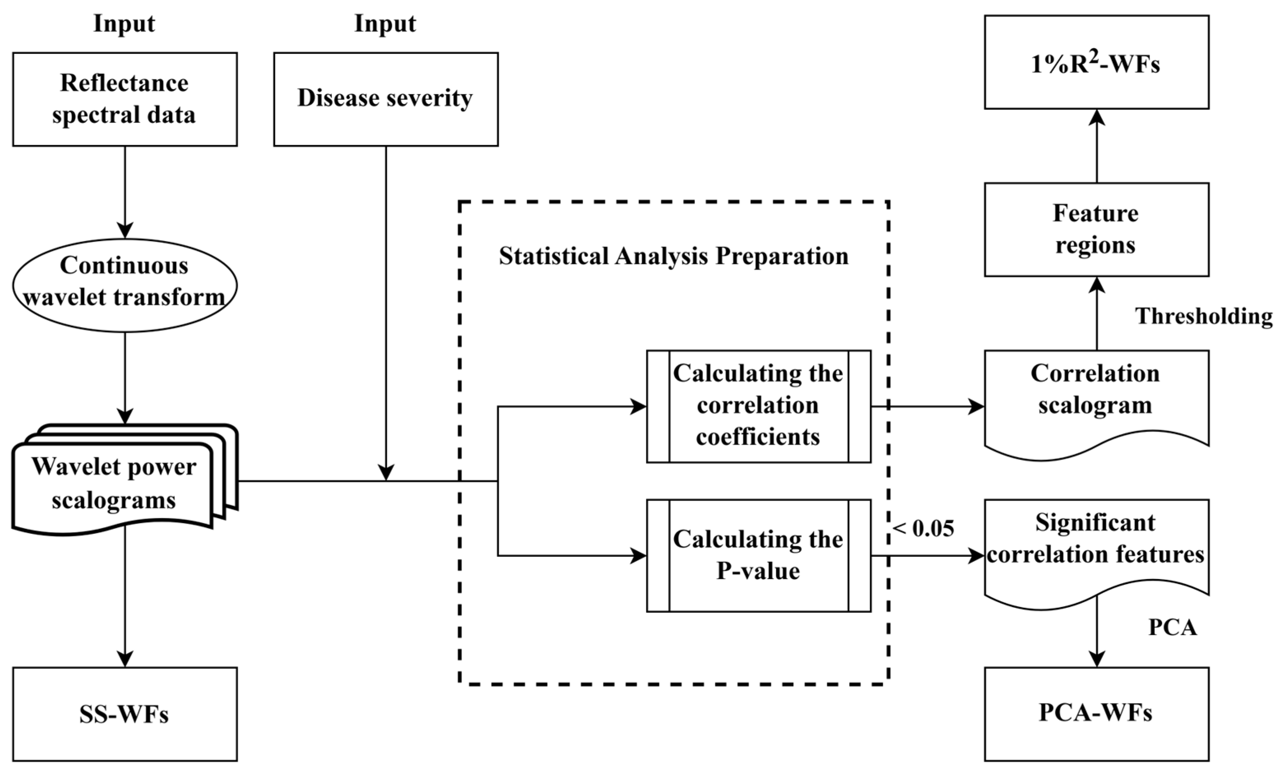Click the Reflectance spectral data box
coord(125,99)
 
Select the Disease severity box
coord(386,99)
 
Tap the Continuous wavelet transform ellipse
coord(125,285)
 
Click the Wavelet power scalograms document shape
coord(114,483)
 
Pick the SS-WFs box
coord(125,714)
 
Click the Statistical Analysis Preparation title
coord(673,256)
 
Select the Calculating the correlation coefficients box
coord(759,406)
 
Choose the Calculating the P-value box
coord(759,555)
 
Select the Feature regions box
coord(1096,229)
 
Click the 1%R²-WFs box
coord(1096,62)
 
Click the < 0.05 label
coord(924,529)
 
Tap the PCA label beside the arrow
coord(1172,628)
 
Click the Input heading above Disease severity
coord(385,24)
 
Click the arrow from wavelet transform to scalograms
coord(125,378)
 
